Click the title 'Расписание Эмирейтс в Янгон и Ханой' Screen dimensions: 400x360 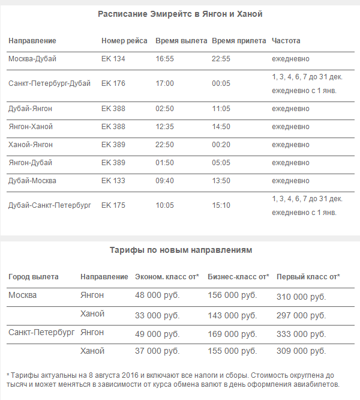tap(180, 14)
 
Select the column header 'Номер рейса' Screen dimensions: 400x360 tap(124, 41)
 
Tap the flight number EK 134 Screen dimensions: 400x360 tap(113, 59)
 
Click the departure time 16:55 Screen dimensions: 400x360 tap(164, 59)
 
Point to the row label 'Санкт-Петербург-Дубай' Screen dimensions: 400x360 tap(49, 83)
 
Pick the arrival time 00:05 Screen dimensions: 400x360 tap(221, 83)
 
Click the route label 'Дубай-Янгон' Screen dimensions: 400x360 tap(30, 109)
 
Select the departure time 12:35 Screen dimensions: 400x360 tap(164, 127)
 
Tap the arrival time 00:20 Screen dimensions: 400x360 tap(221, 145)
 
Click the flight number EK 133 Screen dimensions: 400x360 tap(113, 181)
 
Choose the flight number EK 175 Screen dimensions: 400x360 tap(113, 205)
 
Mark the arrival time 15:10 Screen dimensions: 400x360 tap(221, 205)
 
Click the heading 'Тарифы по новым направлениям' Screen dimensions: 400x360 tap(181, 250)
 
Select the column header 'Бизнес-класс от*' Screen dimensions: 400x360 tap(238, 277)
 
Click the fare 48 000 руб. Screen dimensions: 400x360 tap(157, 295)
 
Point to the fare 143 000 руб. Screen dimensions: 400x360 tap(232, 314)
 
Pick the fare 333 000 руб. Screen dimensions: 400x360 tap(301, 333)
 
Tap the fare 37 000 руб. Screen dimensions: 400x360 tap(157, 351)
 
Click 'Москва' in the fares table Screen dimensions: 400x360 tap(23, 295)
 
